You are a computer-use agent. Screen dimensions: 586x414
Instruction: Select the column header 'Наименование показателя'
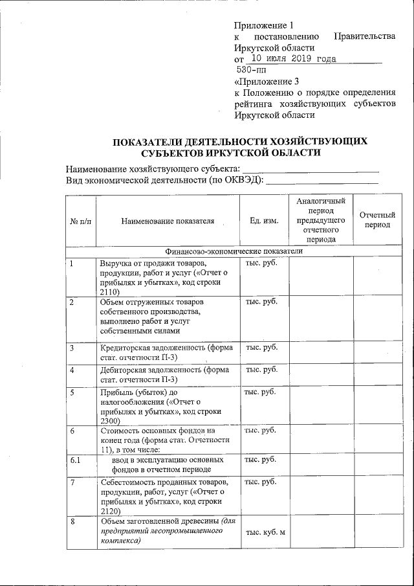[168, 221]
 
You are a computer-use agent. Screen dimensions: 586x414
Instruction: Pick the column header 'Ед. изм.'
[263, 221]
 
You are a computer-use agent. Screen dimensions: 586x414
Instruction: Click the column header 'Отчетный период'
[376, 220]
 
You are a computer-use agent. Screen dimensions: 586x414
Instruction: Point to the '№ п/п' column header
[81, 221]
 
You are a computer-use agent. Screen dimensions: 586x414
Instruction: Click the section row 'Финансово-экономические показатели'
[234, 251]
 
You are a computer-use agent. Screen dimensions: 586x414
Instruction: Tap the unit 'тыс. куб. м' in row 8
[263, 532]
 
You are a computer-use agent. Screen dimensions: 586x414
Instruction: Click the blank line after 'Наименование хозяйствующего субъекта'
[310, 170]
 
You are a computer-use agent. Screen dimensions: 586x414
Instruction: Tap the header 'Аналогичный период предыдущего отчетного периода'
[321, 221]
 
